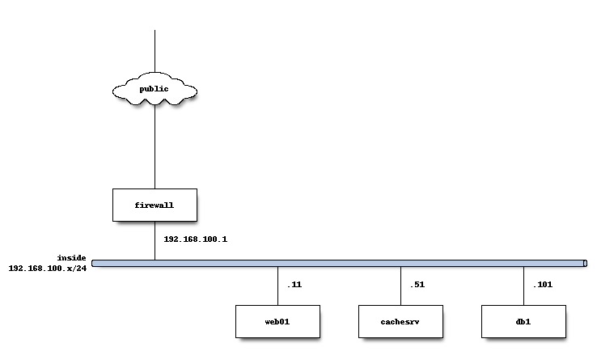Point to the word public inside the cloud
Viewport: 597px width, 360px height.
click(x=154, y=87)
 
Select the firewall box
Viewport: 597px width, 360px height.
click(x=155, y=205)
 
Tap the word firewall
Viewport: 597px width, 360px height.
click(x=155, y=205)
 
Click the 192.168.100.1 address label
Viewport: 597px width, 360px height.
click(x=195, y=239)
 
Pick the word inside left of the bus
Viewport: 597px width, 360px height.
click(x=71, y=257)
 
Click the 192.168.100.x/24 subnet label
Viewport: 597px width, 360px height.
click(x=48, y=268)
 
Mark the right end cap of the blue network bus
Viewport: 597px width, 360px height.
click(x=584, y=263)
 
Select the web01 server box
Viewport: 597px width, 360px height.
click(x=277, y=321)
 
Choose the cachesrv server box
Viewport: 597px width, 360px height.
click(x=400, y=321)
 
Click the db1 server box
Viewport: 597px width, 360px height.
click(x=523, y=321)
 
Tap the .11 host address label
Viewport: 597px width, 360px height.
click(x=294, y=285)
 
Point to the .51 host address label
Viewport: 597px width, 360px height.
click(x=417, y=285)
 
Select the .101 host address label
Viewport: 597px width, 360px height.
click(x=542, y=285)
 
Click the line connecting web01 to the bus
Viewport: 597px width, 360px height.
click(x=277, y=286)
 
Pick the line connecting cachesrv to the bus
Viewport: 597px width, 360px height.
click(x=400, y=286)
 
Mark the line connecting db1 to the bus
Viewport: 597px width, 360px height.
click(x=523, y=286)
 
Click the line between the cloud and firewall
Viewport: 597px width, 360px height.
click(x=155, y=146)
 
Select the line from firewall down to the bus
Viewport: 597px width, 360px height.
click(x=155, y=240)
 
